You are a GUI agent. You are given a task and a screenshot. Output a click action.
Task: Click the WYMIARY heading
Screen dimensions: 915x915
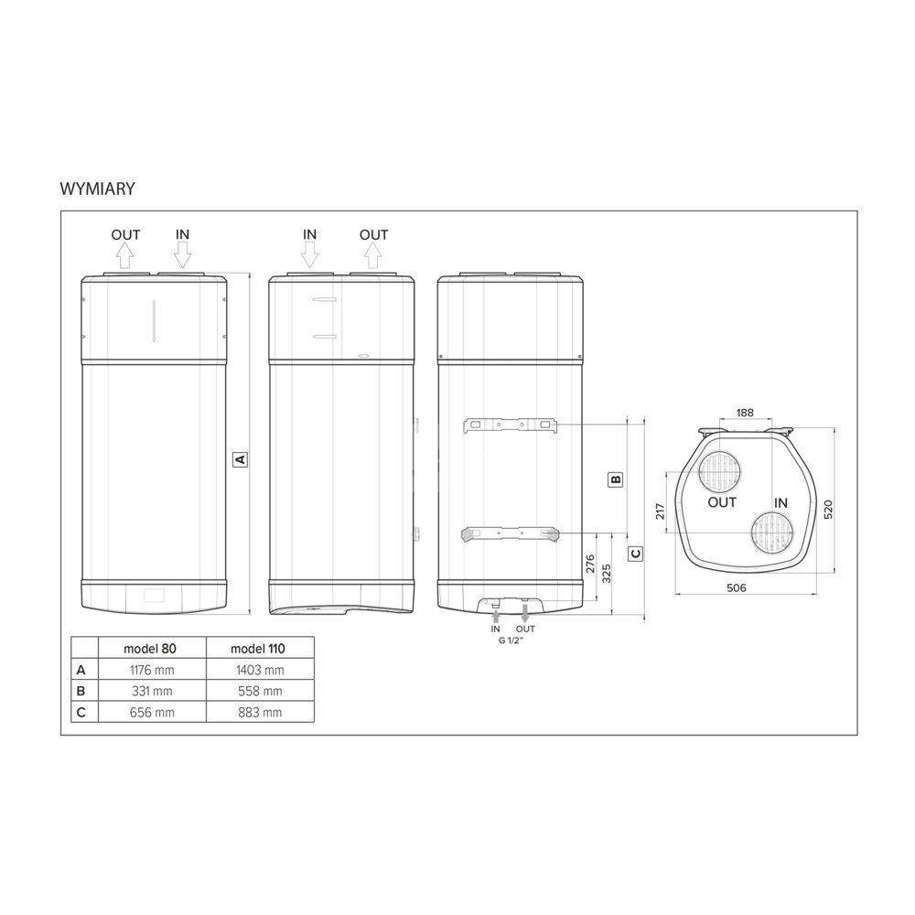tap(98, 188)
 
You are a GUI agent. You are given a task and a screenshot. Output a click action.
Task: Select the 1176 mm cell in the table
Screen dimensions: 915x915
tap(152, 670)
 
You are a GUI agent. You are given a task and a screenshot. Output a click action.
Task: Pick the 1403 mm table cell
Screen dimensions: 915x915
tap(260, 670)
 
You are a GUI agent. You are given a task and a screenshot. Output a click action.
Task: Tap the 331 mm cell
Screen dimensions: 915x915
tap(152, 691)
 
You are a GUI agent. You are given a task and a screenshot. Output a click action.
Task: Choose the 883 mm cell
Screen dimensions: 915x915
tap(260, 713)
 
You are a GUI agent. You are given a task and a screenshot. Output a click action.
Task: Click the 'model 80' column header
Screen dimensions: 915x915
tap(150, 649)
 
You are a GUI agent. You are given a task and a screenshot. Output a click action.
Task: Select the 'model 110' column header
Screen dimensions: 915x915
tap(258, 649)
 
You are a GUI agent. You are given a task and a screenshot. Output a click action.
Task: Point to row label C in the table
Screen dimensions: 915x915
tap(81, 713)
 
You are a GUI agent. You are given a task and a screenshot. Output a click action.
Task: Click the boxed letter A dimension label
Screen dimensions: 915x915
tap(240, 459)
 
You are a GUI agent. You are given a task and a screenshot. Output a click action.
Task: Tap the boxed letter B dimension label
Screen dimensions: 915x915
tap(616, 479)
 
